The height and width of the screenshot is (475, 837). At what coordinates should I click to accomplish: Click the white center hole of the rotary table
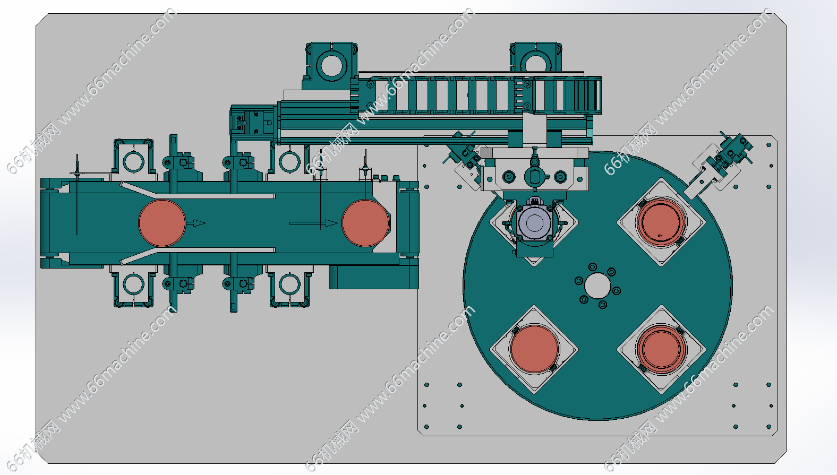597,286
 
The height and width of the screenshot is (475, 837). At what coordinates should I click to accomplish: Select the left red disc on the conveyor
162,223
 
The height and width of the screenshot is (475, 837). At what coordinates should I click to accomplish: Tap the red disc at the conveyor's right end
365,223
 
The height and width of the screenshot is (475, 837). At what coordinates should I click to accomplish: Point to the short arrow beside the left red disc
196,223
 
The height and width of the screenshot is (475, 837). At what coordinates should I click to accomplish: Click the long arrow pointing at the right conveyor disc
313,223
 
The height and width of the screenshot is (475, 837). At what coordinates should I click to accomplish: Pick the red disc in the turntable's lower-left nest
534,349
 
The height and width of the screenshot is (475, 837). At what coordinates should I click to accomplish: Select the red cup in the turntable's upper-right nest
661,222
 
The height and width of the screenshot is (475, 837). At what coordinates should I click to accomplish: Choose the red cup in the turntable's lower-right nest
661,349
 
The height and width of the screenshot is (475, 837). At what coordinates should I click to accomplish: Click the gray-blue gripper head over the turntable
534,222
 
